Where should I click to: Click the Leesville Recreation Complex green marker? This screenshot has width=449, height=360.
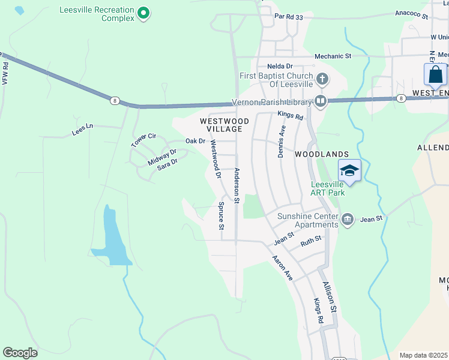point(143,13)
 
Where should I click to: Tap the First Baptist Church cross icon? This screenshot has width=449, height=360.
point(322,79)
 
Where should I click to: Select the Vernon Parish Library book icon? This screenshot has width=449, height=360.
point(321,101)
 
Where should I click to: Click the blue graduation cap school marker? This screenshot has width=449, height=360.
point(349,171)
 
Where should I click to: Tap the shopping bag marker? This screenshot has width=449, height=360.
point(435,75)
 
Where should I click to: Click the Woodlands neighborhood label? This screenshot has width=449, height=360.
point(322,154)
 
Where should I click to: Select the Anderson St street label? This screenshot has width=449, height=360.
point(237,185)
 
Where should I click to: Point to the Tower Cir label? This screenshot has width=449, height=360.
point(143,140)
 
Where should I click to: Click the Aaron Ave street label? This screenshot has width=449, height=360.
point(282,268)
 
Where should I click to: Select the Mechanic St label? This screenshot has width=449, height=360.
point(333,56)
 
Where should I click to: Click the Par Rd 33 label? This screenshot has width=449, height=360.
point(289,17)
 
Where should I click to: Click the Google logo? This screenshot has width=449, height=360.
point(20,352)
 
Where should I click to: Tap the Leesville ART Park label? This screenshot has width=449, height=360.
point(329,188)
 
